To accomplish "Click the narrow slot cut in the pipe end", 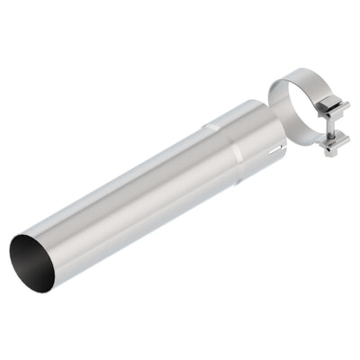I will coord(281,143).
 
